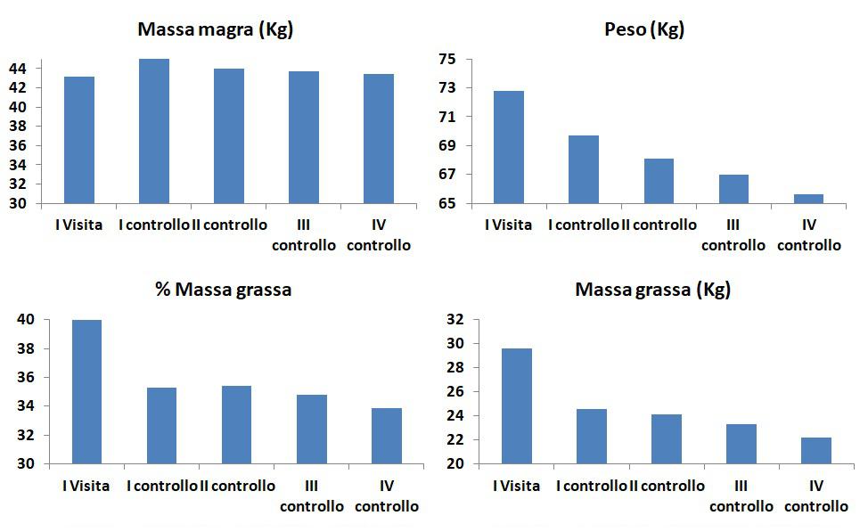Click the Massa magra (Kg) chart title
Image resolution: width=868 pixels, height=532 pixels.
[215, 29]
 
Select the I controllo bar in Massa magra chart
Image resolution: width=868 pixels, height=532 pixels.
[154, 131]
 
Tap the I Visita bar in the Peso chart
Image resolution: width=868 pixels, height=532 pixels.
[509, 147]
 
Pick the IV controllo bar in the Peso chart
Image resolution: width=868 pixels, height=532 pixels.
[808, 199]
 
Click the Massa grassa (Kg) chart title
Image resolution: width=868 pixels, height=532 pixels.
[652, 290]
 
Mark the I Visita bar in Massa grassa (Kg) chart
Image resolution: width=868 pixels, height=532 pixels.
[517, 405]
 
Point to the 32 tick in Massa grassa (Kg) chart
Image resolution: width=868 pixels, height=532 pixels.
[454, 319]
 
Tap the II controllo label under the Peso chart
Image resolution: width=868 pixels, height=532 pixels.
[659, 225]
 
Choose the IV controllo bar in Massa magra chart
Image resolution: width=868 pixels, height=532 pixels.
[379, 138]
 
